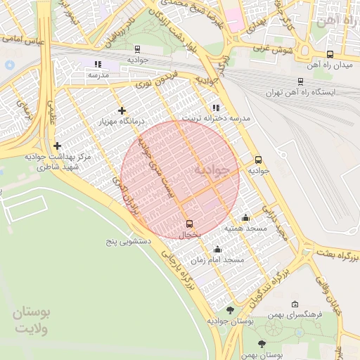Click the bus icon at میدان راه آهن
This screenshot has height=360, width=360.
[330, 54]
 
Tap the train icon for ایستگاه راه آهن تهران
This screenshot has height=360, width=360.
[300, 81]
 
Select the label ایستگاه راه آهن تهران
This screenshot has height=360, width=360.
[301, 92]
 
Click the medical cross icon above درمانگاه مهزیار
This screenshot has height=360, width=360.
[122, 110]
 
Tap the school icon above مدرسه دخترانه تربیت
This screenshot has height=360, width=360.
[215, 108]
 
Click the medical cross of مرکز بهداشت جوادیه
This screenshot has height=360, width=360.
[57, 146]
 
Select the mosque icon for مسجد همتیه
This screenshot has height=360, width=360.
[245, 217]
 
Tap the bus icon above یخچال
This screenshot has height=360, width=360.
[188, 224]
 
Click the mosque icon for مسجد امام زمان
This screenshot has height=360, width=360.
[217, 249]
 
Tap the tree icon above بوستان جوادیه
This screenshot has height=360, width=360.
[230, 309]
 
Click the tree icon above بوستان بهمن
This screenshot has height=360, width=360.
[262, 344]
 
